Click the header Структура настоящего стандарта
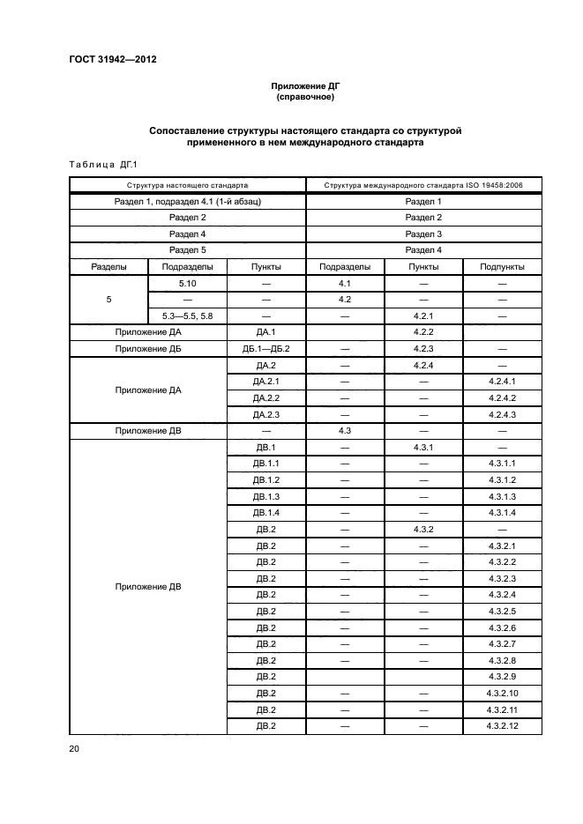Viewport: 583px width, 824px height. (187, 186)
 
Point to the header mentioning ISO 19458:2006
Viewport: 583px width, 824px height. (423, 186)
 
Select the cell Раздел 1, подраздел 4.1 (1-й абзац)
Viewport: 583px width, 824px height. (187, 202)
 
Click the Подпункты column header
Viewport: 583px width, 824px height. (502, 266)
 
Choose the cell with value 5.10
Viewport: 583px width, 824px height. (187, 283)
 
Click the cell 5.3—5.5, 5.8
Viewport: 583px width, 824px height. (187, 315)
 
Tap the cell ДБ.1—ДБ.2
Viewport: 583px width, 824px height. (266, 348)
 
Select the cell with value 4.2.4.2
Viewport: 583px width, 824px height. (502, 397)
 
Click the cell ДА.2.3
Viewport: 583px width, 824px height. (266, 414)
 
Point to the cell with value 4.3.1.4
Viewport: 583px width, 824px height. (502, 512)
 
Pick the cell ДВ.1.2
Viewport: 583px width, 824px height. (266, 479)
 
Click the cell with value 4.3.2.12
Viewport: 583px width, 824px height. (502, 725)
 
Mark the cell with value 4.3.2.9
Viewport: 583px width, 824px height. (502, 676)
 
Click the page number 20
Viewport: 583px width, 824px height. (74, 749)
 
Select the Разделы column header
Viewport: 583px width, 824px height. (108, 266)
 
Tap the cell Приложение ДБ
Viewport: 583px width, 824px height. (147, 348)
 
